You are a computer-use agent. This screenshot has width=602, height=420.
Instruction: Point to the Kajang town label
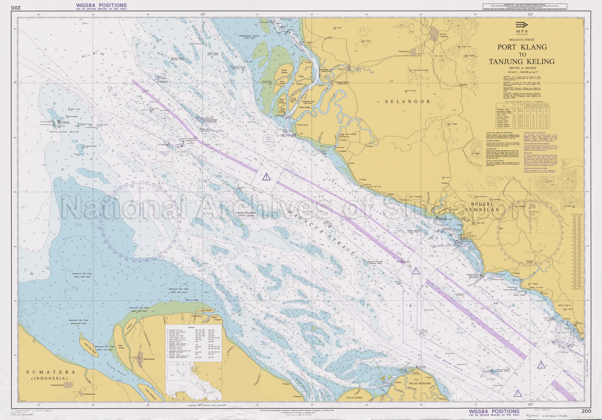pos(465,85)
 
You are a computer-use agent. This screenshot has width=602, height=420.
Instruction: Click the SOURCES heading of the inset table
pos(191,328)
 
